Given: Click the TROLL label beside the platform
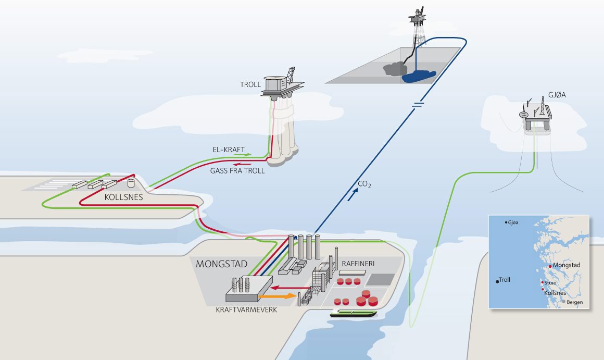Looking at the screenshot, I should pos(250,85).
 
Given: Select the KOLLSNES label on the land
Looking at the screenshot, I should pos(123,198).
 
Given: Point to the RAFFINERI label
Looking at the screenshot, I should pos(358,264).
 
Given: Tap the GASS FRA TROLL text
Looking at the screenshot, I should pos(236,170).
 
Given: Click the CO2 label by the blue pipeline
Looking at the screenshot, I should pos(364,184).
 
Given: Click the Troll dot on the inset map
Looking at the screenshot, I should pos(497,281).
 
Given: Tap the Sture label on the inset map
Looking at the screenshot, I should pos(550,283).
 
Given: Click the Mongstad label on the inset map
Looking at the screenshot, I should pos(567,265).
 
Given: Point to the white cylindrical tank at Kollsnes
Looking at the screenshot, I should pos(131,183).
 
